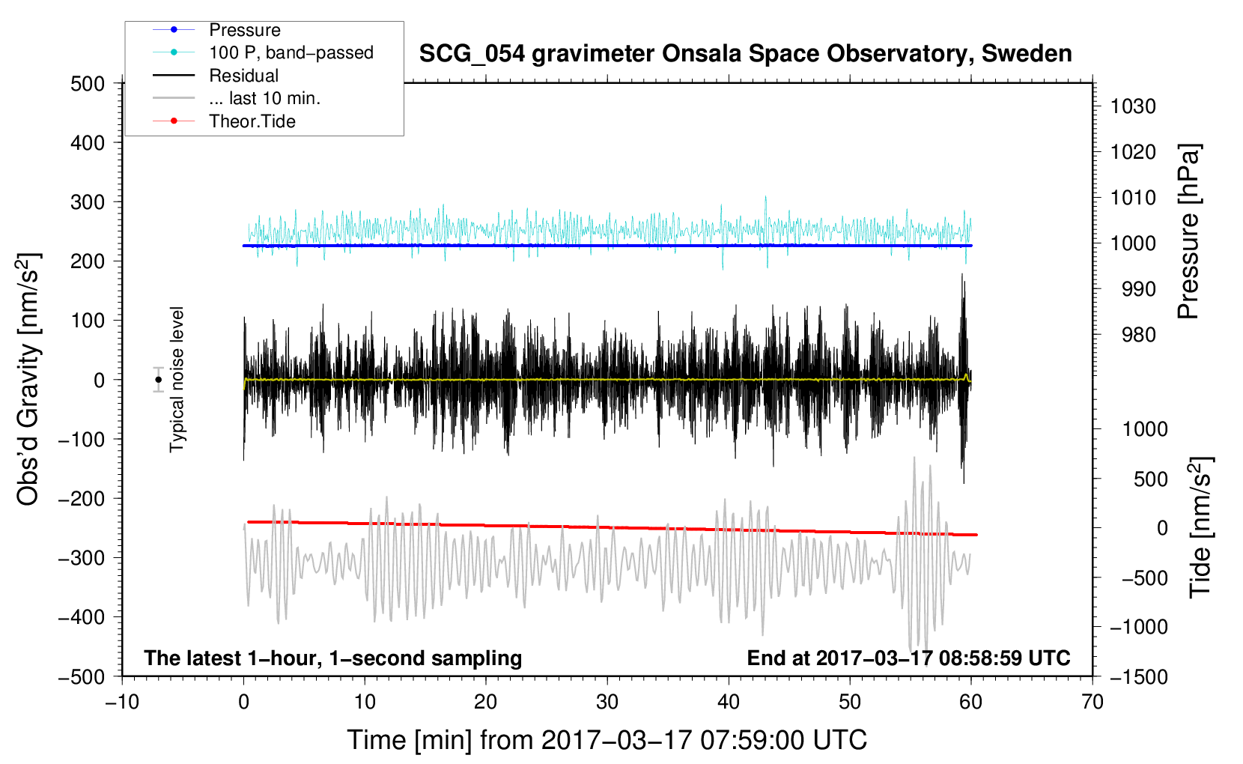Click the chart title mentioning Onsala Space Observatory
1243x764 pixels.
[x=745, y=54]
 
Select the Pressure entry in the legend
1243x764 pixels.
[x=245, y=30]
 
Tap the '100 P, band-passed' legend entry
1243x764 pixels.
[x=291, y=52]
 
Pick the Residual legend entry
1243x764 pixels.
[x=243, y=76]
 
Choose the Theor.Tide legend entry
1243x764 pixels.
[x=252, y=121]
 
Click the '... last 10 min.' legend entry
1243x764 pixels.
[x=264, y=98]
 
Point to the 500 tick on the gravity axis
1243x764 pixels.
[x=88, y=84]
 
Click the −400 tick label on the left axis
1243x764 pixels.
[x=82, y=617]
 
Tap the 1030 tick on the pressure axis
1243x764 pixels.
[x=1133, y=106]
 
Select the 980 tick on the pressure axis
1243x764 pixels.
[x=1139, y=335]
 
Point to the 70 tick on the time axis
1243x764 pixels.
[x=1092, y=702]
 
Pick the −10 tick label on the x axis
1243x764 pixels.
[x=122, y=702]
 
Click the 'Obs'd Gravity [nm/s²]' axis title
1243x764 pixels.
[x=28, y=380]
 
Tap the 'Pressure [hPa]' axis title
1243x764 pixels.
[x=1188, y=231]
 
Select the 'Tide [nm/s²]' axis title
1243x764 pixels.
[x=1200, y=527]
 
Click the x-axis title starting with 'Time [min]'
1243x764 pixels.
[x=607, y=740]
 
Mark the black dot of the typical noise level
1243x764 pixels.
[x=159, y=380]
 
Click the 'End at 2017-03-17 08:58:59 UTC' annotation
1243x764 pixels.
[x=908, y=658]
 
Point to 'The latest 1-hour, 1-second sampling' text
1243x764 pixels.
[x=333, y=658]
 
